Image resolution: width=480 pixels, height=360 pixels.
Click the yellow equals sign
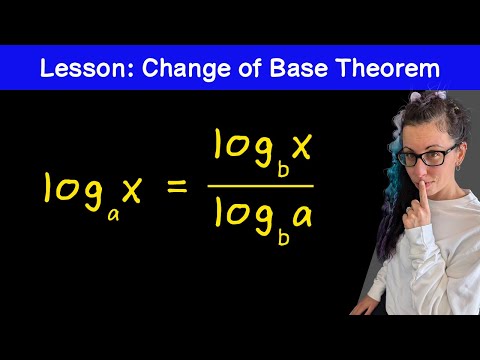pyautogui.click(x=177, y=187)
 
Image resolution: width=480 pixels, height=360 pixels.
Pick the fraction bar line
pyautogui.click(x=261, y=186)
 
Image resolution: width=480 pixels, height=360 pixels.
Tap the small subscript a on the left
pyautogui.click(x=113, y=216)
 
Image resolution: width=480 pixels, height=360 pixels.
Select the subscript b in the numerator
pyautogui.click(x=283, y=169)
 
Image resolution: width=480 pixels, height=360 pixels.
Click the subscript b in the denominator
pyautogui.click(x=283, y=237)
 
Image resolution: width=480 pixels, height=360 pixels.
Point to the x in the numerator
pyautogui.click(x=301, y=146)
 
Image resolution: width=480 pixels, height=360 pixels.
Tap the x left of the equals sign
pyautogui.click(x=132, y=191)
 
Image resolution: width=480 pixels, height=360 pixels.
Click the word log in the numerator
pyautogui.click(x=244, y=148)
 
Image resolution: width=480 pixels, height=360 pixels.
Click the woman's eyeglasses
pyautogui.click(x=427, y=156)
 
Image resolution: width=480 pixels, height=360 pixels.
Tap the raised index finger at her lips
pyautogui.click(x=424, y=195)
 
